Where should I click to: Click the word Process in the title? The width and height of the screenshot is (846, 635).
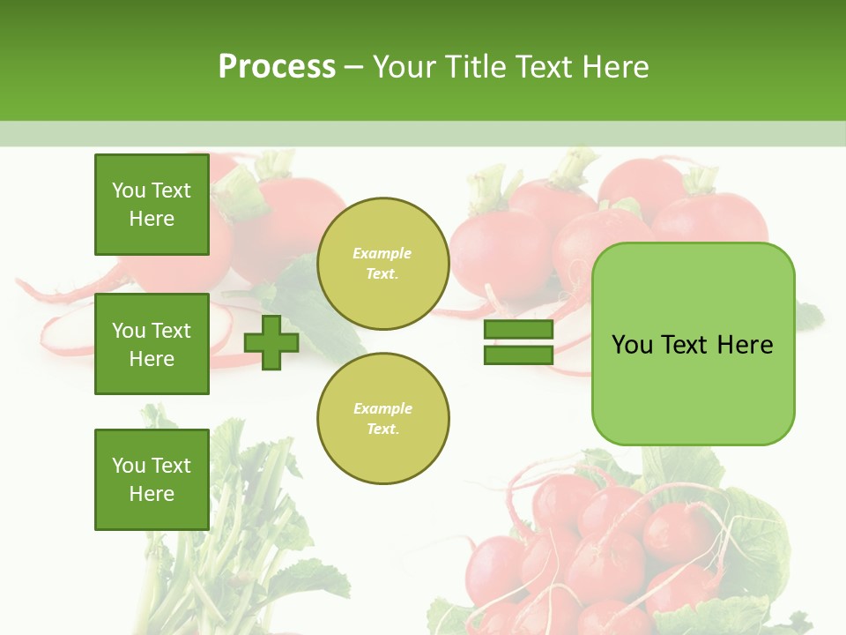pyautogui.click(x=277, y=67)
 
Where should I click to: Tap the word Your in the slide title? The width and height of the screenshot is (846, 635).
pyautogui.click(x=404, y=67)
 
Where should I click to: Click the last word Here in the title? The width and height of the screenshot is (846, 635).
pyautogui.click(x=616, y=67)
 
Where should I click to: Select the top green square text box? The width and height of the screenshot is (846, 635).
pyautogui.click(x=152, y=205)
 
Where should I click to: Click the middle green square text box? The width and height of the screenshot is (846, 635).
pyautogui.click(x=152, y=344)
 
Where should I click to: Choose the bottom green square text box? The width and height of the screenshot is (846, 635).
pyautogui.click(x=152, y=479)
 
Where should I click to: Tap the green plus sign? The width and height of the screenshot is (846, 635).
pyautogui.click(x=271, y=342)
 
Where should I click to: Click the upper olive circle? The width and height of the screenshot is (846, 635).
pyautogui.click(x=382, y=264)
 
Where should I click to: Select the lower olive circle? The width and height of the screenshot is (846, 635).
pyautogui.click(x=382, y=419)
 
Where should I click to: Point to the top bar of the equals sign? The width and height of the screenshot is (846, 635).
pyautogui.click(x=518, y=330)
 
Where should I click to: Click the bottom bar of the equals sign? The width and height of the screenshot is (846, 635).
pyautogui.click(x=518, y=355)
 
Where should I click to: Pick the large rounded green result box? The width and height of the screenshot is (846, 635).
pyautogui.click(x=693, y=344)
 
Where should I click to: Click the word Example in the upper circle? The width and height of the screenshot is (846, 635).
pyautogui.click(x=382, y=254)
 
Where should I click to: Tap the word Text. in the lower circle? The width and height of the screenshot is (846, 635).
pyautogui.click(x=382, y=430)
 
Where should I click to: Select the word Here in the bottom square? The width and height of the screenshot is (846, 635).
pyautogui.click(x=152, y=494)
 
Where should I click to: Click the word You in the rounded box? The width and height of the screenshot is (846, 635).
pyautogui.click(x=632, y=345)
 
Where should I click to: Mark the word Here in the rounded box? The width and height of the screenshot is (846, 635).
pyautogui.click(x=746, y=345)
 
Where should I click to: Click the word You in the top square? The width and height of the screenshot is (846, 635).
pyautogui.click(x=129, y=190)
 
